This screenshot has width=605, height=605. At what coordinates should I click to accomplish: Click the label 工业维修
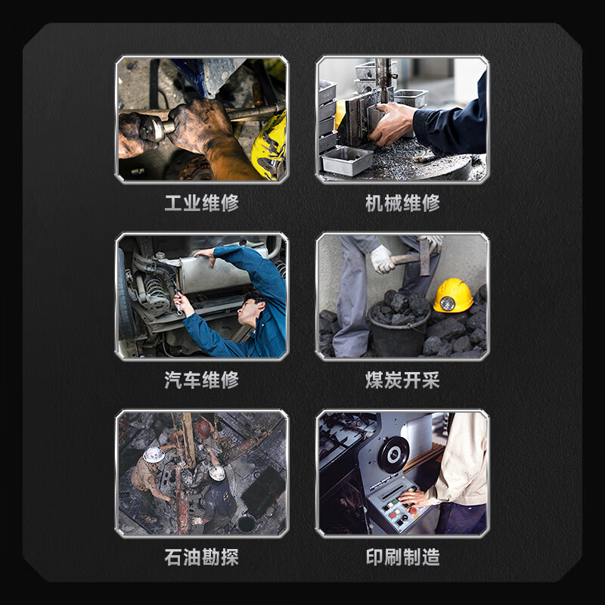pyautogui.click(x=201, y=203)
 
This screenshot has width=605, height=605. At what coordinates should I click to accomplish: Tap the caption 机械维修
pyautogui.click(x=402, y=203)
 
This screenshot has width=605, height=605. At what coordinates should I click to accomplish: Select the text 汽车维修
pyautogui.click(x=201, y=380)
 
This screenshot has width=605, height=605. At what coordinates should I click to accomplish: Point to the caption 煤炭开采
pyautogui.click(x=402, y=380)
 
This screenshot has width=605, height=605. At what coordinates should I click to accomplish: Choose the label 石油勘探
pyautogui.click(x=201, y=557)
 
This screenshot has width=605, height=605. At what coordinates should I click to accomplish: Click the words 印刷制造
pyautogui.click(x=402, y=557)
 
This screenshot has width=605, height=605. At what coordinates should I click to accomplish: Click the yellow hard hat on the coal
pyautogui.click(x=453, y=294)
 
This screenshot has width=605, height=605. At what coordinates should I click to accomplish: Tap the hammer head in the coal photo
pyautogui.click(x=424, y=256)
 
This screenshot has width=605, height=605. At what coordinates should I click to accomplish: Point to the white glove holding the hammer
pyautogui.click(x=383, y=259)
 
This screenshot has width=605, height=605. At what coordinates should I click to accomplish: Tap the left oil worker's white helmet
pyautogui.click(x=154, y=455)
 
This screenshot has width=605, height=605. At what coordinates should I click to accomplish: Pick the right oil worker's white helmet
pyautogui.click(x=217, y=473)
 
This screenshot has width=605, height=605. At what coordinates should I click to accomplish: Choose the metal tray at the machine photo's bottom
pyautogui.click(x=347, y=160)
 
